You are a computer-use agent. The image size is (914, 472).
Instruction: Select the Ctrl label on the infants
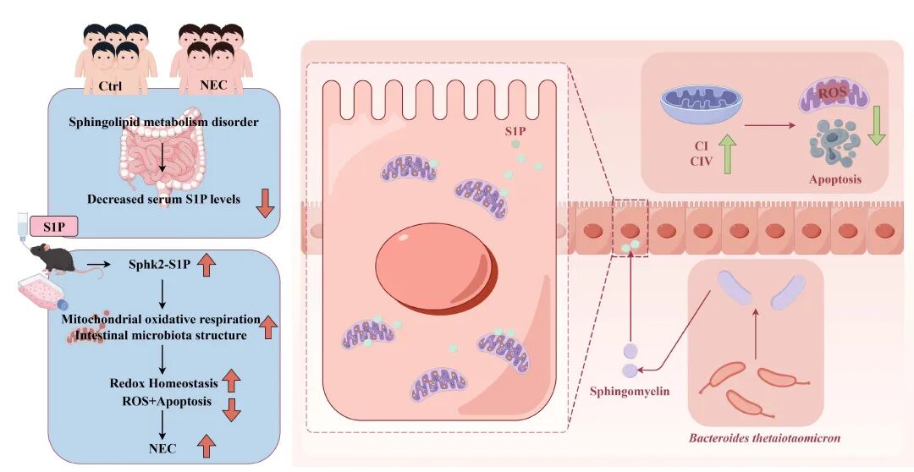(110, 86)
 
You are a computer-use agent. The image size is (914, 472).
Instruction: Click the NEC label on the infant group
(212, 85)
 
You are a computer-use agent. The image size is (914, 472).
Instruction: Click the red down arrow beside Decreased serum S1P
(265, 203)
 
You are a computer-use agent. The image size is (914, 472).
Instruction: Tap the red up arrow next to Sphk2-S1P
(206, 265)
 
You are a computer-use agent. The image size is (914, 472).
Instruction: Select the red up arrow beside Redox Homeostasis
(231, 381)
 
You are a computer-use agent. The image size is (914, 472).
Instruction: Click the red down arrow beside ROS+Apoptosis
(231, 409)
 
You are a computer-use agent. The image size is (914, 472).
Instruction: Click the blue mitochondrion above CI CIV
(702, 104)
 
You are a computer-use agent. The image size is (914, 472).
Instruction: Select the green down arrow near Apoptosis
(876, 125)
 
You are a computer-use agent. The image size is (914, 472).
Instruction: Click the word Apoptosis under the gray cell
(834, 179)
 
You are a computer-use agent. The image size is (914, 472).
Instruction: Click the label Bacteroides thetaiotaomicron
(765, 437)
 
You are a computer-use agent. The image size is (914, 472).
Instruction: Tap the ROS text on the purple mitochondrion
(832, 93)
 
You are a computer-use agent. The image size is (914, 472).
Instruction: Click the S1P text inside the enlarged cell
(515, 132)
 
